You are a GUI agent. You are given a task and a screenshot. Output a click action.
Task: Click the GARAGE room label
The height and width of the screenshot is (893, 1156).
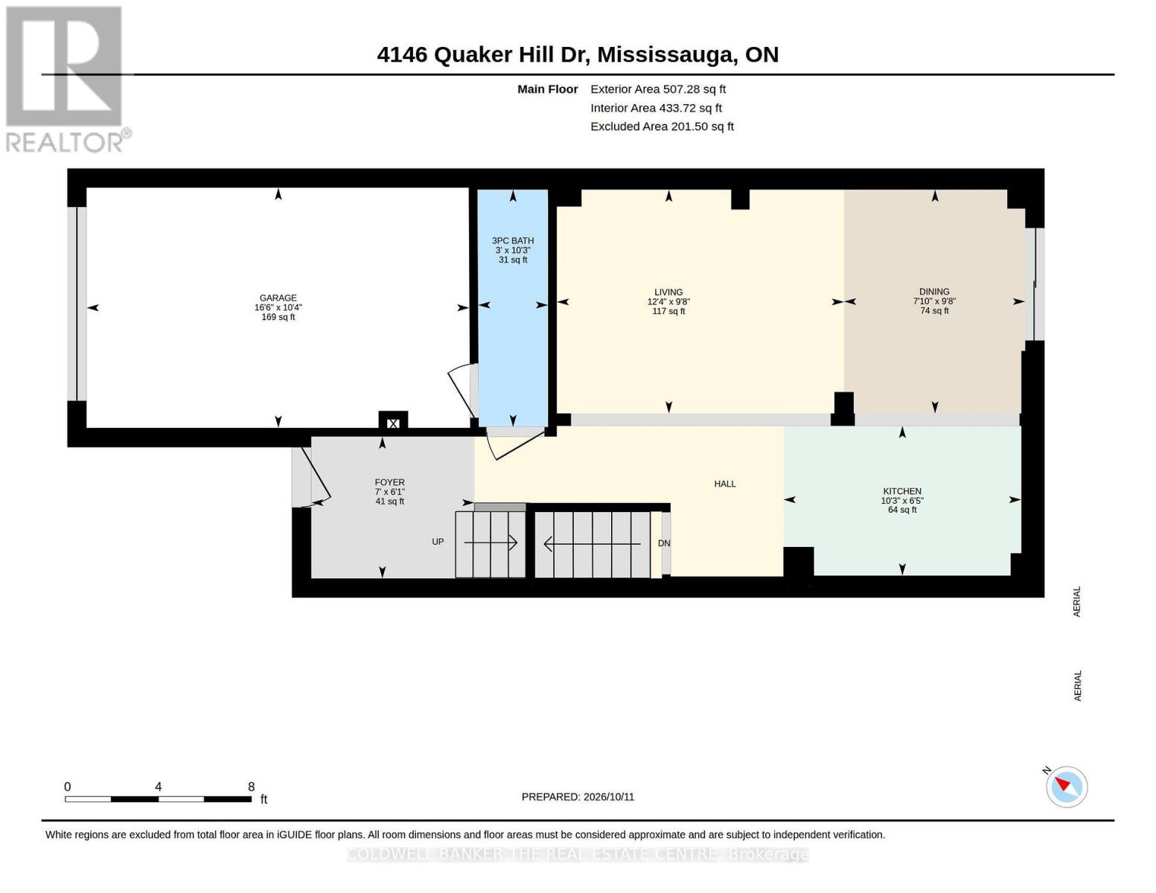click(278, 298)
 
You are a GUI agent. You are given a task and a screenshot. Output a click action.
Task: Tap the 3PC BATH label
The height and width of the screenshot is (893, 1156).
click(513, 241)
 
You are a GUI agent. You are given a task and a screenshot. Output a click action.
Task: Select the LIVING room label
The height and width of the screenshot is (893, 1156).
click(668, 292)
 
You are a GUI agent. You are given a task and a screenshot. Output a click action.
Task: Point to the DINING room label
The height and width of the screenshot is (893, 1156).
click(934, 292)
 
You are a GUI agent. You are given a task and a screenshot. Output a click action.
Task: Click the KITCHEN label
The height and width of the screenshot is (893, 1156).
click(902, 491)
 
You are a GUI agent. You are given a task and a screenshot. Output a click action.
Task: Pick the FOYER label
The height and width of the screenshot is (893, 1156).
click(389, 482)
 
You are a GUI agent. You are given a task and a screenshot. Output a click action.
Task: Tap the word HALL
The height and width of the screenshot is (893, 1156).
click(725, 484)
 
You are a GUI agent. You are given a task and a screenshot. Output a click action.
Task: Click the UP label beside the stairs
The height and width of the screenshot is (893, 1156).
click(438, 542)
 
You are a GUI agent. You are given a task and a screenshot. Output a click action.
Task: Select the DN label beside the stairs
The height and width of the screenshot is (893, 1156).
click(664, 543)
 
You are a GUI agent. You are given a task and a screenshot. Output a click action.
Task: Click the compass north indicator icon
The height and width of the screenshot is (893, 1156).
click(1067, 787)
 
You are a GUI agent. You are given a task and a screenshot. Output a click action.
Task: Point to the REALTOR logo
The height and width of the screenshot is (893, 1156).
click(66, 80)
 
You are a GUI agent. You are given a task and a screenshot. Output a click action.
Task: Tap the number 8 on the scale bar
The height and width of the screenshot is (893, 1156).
click(251, 786)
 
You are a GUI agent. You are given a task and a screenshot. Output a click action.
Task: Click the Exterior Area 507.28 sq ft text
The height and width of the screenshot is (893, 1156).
click(658, 89)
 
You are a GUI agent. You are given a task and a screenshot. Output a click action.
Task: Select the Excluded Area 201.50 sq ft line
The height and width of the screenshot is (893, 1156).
click(662, 127)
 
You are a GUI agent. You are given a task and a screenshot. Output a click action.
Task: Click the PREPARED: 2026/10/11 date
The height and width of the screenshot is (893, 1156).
click(578, 797)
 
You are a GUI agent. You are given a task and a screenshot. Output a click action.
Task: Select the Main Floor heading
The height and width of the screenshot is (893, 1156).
click(547, 89)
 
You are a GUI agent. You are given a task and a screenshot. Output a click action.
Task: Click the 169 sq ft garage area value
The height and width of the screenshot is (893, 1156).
click(278, 317)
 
